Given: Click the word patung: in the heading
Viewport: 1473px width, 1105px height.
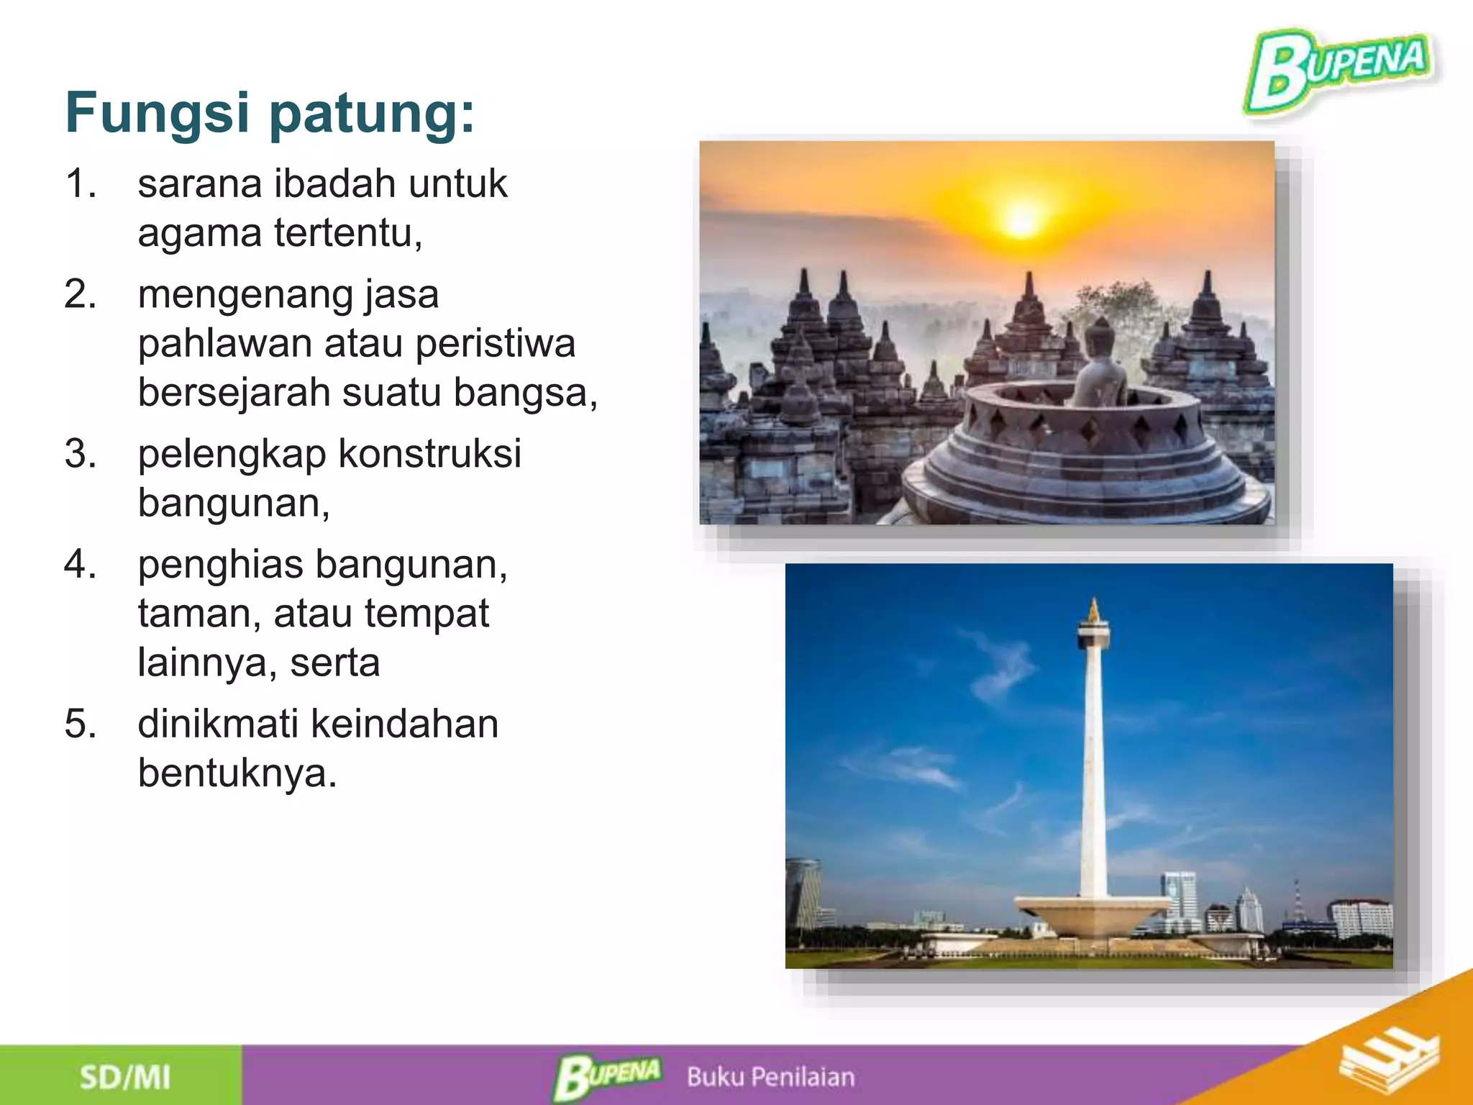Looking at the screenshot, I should point(372,114).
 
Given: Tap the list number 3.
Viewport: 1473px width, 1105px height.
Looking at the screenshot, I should point(81,454).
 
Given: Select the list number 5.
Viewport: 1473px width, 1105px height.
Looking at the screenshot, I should point(81,724).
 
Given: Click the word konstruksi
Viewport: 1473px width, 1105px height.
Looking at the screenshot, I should point(429,454).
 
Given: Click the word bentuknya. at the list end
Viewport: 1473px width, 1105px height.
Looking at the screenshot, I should point(237,773).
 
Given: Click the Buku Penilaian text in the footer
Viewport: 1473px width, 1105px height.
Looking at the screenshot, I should point(770,1077).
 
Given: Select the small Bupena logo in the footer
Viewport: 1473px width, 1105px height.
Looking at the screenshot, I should point(608,1077).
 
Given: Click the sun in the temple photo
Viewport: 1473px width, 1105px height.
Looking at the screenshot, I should point(1021,220).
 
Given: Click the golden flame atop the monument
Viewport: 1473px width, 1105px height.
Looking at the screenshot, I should point(1094,611).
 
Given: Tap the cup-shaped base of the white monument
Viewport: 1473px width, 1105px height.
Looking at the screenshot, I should point(1093,914).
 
